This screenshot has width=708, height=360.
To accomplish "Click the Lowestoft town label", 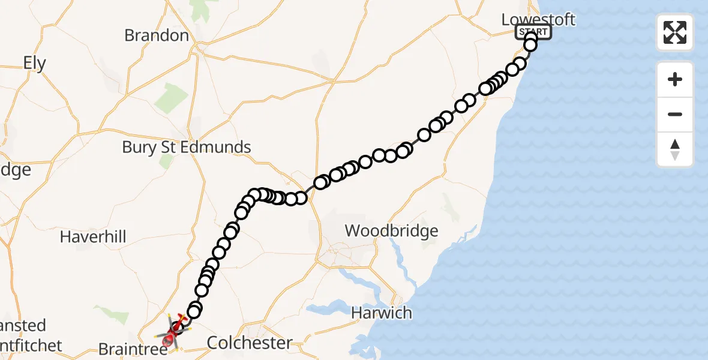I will (x=538, y=20).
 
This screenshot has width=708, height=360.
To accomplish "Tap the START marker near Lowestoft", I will (x=533, y=32).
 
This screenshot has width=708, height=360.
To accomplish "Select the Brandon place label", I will (x=157, y=35).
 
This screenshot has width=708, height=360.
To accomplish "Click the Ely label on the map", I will (x=34, y=63).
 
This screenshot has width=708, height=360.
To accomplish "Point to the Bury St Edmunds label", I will (x=187, y=147).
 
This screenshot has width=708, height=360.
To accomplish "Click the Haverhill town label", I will (x=93, y=237).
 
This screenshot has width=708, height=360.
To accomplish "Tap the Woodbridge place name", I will (x=392, y=230).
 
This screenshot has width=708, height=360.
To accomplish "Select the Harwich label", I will (x=382, y=313).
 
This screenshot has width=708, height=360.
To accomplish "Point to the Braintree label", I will (x=133, y=349).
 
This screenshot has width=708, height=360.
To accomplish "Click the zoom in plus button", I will (x=675, y=79).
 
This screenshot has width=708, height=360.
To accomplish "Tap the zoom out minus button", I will (x=675, y=114).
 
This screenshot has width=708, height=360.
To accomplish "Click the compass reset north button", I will (x=675, y=149).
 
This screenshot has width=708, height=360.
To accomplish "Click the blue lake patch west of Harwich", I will (x=327, y=310).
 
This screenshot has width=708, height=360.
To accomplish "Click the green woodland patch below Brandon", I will (x=172, y=98).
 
